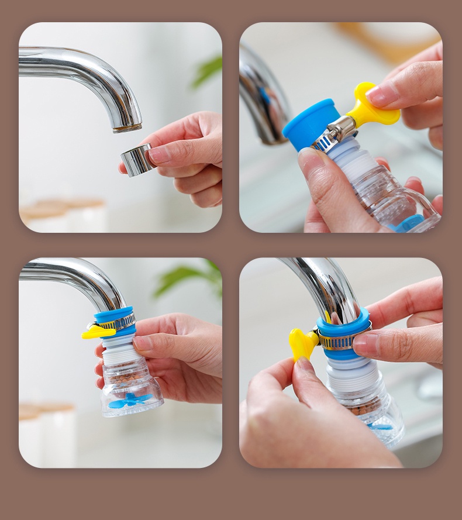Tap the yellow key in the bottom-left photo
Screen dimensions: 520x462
(x=98, y=332)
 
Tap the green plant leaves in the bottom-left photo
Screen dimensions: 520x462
(x=187, y=277)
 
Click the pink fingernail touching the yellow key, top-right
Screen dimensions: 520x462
(x=383, y=93)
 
